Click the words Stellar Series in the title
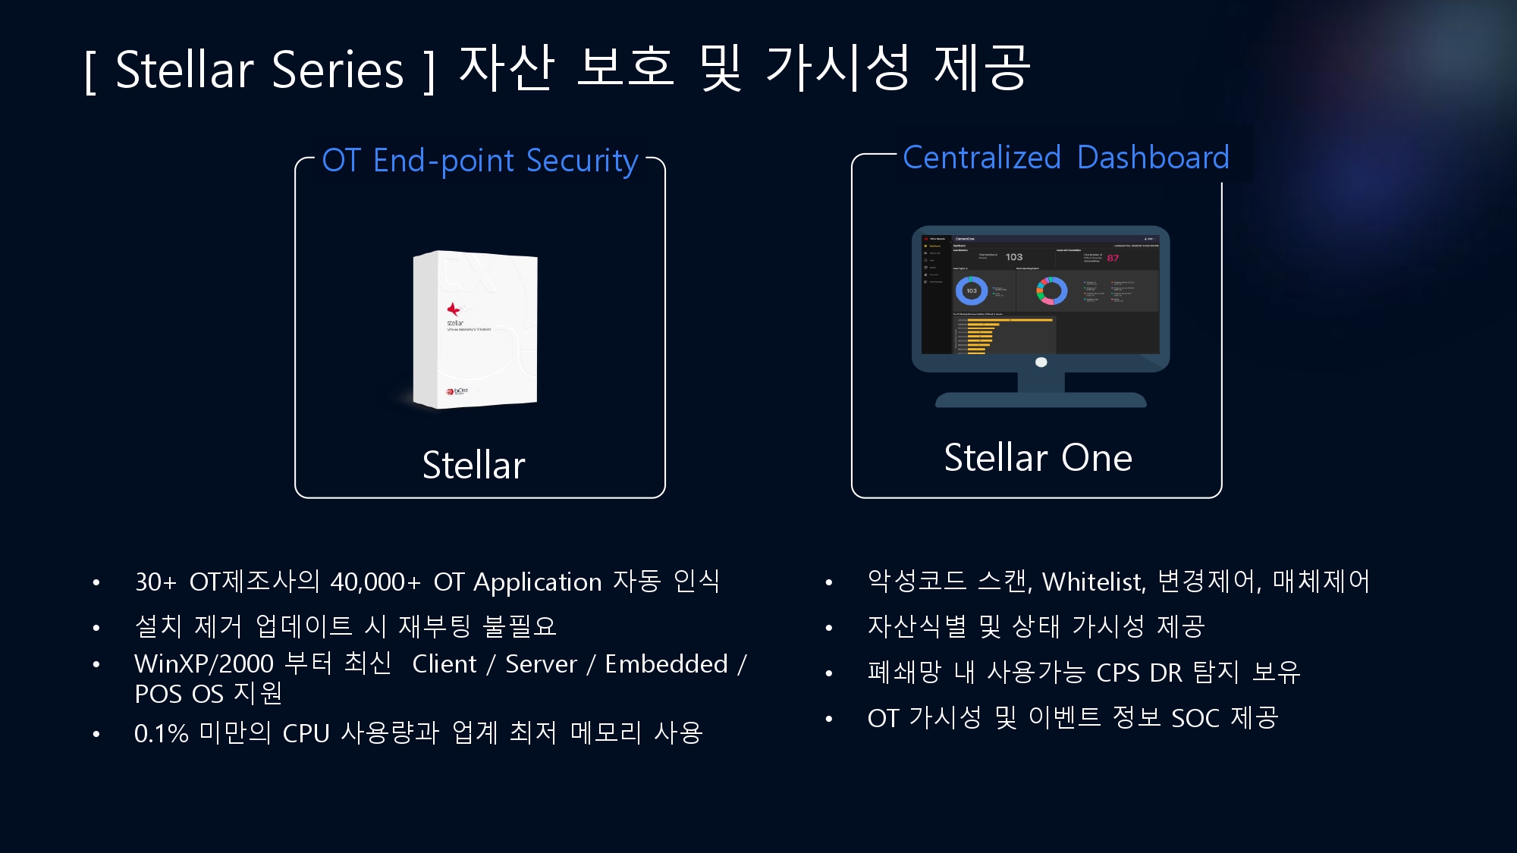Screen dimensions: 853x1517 pyautogui.click(x=259, y=70)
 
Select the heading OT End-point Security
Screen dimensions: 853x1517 pyautogui.click(x=479, y=161)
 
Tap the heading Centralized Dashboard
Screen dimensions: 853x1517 pyautogui.click(x=1066, y=158)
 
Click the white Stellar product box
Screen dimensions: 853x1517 pyautogui.click(x=475, y=330)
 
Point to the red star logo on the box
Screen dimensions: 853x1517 pyautogui.click(x=454, y=309)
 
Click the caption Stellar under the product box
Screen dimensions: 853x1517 pyautogui.click(x=473, y=465)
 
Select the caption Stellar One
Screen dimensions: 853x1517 pyautogui.click(x=1038, y=458)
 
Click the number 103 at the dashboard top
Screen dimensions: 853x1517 pyautogui.click(x=1014, y=257)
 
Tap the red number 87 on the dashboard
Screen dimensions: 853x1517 pyautogui.click(x=1113, y=258)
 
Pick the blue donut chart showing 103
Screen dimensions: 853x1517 pyautogui.click(x=972, y=290)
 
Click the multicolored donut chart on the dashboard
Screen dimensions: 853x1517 pyautogui.click(x=1052, y=290)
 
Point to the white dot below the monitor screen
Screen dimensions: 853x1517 pyautogui.click(x=1041, y=362)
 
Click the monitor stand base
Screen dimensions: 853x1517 pyautogui.click(x=1041, y=400)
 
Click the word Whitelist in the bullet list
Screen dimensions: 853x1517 pyautogui.click(x=1093, y=582)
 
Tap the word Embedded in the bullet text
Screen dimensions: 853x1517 pyautogui.click(x=666, y=664)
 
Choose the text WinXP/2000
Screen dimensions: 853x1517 pyautogui.click(x=203, y=664)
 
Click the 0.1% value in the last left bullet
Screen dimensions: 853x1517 pyautogui.click(x=161, y=733)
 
